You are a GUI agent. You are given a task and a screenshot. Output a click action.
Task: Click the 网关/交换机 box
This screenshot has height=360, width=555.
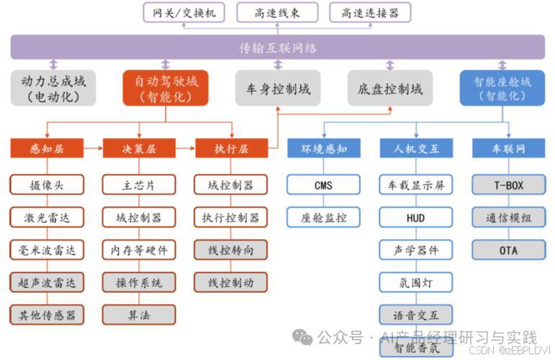[184, 12]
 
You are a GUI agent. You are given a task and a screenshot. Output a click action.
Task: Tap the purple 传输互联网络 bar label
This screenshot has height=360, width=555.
[277, 48]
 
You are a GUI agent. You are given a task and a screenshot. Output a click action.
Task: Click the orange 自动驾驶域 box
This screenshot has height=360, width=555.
[166, 88]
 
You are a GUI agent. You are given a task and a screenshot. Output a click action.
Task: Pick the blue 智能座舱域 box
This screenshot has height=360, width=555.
[502, 88]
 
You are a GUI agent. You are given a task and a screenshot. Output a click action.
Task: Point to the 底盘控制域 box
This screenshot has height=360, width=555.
[390, 89]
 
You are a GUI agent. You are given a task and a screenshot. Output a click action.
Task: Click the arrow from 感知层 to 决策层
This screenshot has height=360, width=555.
[92, 149]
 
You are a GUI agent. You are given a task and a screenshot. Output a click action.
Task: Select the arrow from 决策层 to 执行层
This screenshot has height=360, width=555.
[185, 149]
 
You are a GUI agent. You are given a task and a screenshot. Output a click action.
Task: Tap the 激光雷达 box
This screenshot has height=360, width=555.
[47, 217]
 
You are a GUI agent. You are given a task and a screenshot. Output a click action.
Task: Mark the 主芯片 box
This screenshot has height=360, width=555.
[139, 185]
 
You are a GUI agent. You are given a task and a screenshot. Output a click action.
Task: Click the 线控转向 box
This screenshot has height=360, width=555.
[231, 250]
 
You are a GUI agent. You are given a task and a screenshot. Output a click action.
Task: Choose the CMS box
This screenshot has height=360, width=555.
[323, 185]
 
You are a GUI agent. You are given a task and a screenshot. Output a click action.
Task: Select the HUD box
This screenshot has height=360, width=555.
[416, 217]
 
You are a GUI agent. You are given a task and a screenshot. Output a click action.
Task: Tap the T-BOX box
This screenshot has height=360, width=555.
[508, 185]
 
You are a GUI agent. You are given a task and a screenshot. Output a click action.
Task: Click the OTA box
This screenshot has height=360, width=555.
[508, 250]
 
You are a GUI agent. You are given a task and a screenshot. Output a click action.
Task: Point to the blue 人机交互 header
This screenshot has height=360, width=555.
[416, 149]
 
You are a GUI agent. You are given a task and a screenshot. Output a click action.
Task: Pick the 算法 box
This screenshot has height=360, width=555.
[139, 315]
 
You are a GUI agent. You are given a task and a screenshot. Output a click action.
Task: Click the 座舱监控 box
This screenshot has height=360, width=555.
[323, 217]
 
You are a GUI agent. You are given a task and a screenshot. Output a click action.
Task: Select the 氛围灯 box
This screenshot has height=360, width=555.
[416, 282]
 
